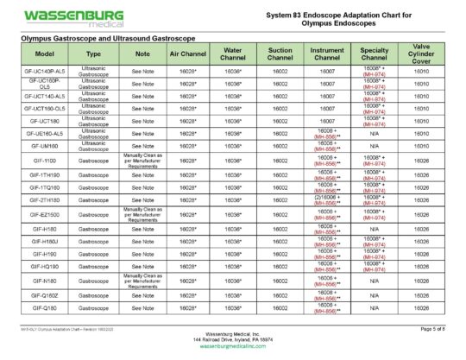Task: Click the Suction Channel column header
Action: coord(279,55)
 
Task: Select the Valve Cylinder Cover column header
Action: coord(421,55)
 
